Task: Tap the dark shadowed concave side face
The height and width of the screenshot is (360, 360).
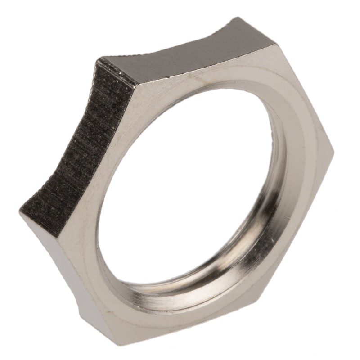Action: [76, 148]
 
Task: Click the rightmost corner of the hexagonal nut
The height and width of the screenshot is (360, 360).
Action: [333, 151]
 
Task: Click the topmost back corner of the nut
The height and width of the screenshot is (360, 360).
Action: [238, 18]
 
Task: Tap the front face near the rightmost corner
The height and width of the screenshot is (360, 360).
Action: [315, 153]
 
